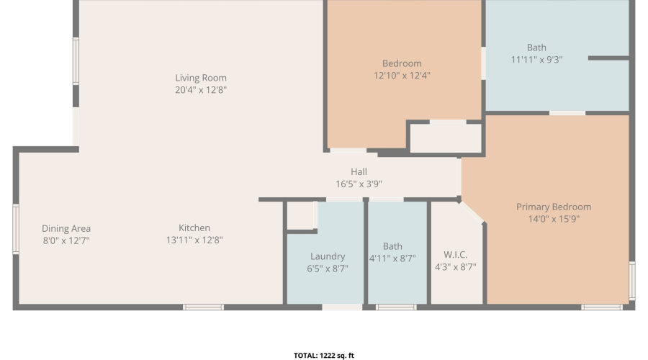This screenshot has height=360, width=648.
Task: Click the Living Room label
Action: [201, 78]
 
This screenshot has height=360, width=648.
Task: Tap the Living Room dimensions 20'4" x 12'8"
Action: [201, 90]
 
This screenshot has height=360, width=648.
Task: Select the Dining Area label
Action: [66, 228]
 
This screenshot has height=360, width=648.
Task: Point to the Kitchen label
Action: [194, 228]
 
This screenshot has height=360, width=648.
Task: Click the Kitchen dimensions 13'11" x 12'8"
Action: [194, 240]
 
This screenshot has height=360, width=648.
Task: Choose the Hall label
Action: [359, 172]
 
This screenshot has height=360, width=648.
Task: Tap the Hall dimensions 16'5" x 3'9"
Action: [359, 184]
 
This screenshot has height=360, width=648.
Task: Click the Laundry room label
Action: [328, 256]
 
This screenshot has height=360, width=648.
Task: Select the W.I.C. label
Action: [456, 255]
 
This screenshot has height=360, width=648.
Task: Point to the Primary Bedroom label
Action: [554, 207]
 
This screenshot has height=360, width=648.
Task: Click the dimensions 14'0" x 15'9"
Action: [554, 219]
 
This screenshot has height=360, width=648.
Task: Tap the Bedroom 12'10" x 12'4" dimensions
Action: [402, 75]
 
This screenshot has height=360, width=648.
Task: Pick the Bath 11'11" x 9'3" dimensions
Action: [536, 60]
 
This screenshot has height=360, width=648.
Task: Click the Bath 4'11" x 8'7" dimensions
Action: [392, 258]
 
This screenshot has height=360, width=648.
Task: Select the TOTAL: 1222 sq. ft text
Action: [324, 356]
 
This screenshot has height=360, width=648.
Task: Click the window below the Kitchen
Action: [203, 307]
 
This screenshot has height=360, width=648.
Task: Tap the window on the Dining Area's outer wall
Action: [16, 228]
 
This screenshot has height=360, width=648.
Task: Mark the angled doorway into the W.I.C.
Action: [472, 212]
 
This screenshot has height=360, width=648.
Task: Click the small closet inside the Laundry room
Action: [301, 215]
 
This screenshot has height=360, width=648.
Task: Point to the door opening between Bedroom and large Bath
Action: [483, 63]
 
